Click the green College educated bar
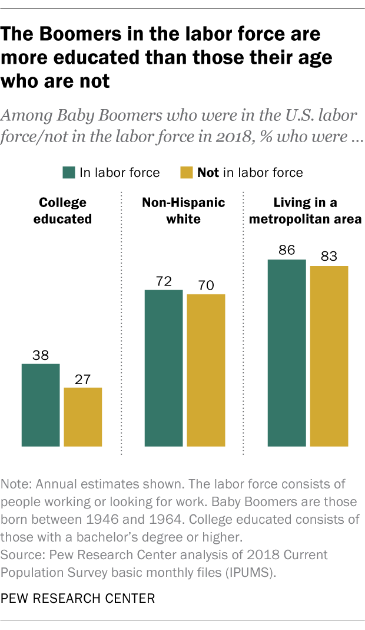41,405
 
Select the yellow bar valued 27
83,416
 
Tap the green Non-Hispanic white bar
164,367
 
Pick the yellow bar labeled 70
206,370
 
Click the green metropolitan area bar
287,352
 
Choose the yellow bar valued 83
329,356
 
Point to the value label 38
41,355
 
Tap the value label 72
164,281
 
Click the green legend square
68,172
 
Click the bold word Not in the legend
208,172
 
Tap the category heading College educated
62,211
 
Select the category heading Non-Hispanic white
184,211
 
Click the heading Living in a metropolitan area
305,211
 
